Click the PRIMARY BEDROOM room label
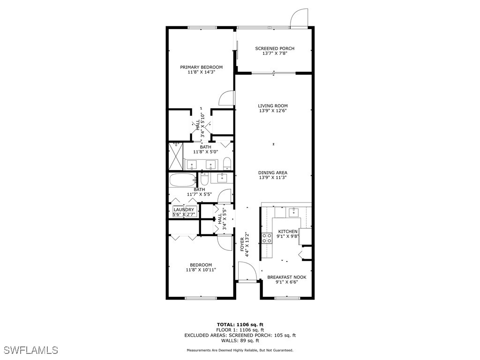tap(201, 67)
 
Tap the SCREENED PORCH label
tap(275, 48)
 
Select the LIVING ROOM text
tap(273, 106)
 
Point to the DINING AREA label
tap(273, 172)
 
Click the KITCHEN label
tap(287, 232)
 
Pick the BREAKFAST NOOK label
tap(287, 277)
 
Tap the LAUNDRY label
tap(184, 210)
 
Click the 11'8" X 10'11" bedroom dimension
tap(201, 270)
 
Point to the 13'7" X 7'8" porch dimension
tap(275, 53)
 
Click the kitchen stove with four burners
tap(267, 238)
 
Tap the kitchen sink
tap(294, 212)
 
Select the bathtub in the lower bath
tap(183, 180)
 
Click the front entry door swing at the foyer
tap(246, 271)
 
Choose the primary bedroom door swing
tap(226, 97)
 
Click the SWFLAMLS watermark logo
tap(30, 350)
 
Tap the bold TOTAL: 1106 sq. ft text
tap(240, 324)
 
